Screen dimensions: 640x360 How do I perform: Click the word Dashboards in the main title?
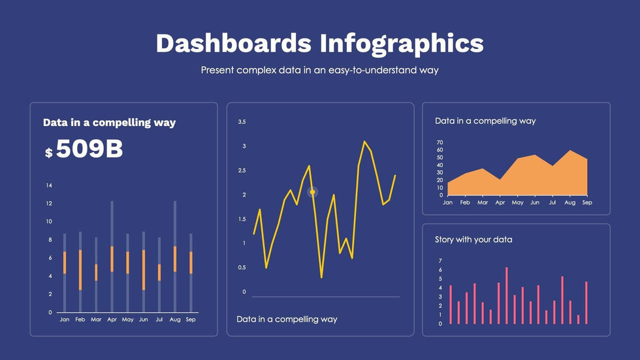click(x=234, y=43)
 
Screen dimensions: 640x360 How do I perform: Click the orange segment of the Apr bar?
click(x=112, y=259)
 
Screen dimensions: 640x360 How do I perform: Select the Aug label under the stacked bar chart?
click(x=175, y=319)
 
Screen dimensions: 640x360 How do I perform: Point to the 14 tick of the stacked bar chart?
click(x=49, y=186)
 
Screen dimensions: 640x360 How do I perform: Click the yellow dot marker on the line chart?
click(x=312, y=192)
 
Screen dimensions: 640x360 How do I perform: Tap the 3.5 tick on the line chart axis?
click(x=242, y=122)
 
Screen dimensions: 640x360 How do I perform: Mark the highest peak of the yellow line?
click(x=364, y=142)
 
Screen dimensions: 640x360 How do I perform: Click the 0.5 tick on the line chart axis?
click(x=242, y=267)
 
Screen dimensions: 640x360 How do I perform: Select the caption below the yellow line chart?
click(x=287, y=319)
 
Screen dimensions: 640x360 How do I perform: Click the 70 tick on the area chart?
click(x=440, y=142)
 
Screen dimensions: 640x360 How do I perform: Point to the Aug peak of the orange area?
click(x=569, y=151)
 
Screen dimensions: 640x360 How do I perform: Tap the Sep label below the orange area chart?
click(x=587, y=203)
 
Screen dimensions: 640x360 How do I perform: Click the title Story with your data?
click(x=473, y=240)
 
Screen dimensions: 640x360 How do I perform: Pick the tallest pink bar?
click(x=507, y=295)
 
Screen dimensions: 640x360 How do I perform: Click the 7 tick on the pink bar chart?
click(x=440, y=261)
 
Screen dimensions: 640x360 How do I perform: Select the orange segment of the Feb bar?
click(x=80, y=270)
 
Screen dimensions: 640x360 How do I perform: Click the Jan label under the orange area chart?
click(x=448, y=203)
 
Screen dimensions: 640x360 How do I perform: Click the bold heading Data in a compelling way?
click(x=110, y=122)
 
